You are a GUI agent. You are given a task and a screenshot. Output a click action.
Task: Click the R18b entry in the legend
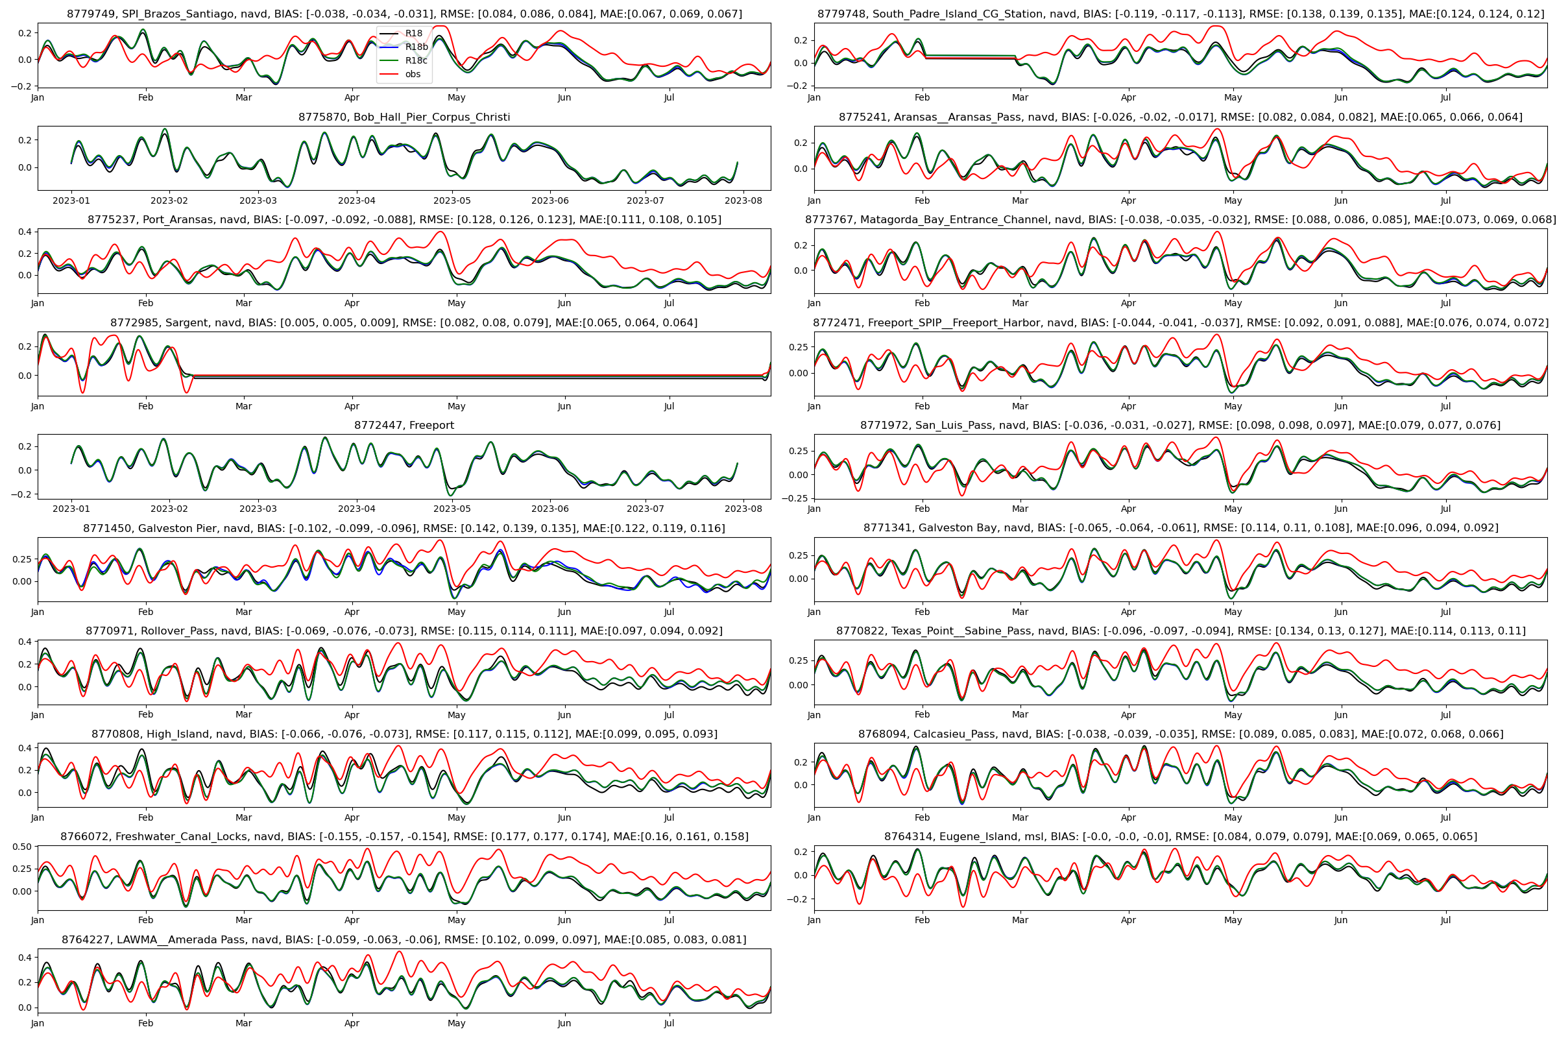tap(416, 47)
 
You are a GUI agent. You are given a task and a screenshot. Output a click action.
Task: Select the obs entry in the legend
tap(413, 74)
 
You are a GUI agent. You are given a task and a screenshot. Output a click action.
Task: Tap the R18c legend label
tap(416, 60)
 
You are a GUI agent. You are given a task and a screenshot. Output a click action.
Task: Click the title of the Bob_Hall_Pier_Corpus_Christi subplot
tap(404, 117)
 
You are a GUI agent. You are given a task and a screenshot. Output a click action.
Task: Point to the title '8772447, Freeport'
tap(404, 426)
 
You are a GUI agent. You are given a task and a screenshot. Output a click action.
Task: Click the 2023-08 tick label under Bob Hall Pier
tap(743, 200)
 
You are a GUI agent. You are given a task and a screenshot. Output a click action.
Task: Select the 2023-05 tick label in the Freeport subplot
tap(452, 509)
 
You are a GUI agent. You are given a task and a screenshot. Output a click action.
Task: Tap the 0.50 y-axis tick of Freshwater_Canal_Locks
tap(22, 847)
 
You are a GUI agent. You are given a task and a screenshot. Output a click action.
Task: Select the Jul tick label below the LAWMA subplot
tap(669, 1024)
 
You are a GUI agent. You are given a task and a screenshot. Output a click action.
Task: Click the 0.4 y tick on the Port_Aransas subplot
tap(25, 232)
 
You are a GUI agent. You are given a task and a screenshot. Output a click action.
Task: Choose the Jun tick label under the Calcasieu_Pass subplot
tap(1340, 817)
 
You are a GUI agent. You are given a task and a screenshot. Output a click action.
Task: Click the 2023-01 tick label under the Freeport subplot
tap(71, 509)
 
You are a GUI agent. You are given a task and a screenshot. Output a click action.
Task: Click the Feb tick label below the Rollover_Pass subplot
tap(145, 715)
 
